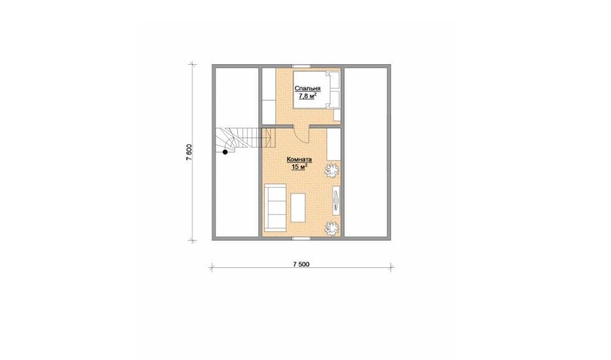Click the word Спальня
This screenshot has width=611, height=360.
click(x=308, y=88)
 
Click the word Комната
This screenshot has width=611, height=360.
click(x=299, y=159)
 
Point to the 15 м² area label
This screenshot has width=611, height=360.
click(x=300, y=167)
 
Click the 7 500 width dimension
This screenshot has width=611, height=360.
click(x=301, y=264)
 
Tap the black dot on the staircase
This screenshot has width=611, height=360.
click(x=225, y=153)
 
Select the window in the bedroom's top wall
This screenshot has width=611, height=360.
click(x=301, y=66)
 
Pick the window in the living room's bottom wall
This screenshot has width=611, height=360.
click(x=301, y=237)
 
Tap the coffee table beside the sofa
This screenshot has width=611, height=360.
click(x=298, y=207)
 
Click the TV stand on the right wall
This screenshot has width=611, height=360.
click(x=336, y=201)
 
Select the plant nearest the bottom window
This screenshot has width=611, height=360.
click(x=331, y=228)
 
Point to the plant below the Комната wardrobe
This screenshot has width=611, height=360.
click(x=332, y=170)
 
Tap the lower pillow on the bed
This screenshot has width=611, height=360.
click(x=336, y=99)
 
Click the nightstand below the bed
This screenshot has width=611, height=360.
click(x=338, y=115)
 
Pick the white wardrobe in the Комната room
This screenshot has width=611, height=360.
click(x=334, y=144)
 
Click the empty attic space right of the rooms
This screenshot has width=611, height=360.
click(x=366, y=152)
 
